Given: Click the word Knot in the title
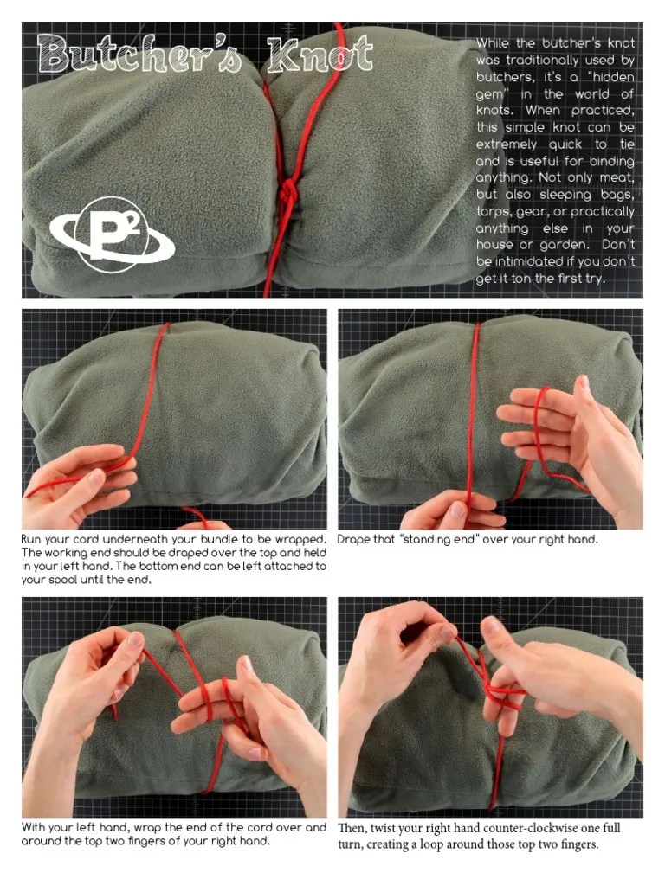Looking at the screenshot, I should point(321,55).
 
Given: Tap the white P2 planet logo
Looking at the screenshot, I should point(112,234).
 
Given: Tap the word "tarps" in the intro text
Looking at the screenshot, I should point(494,211).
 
